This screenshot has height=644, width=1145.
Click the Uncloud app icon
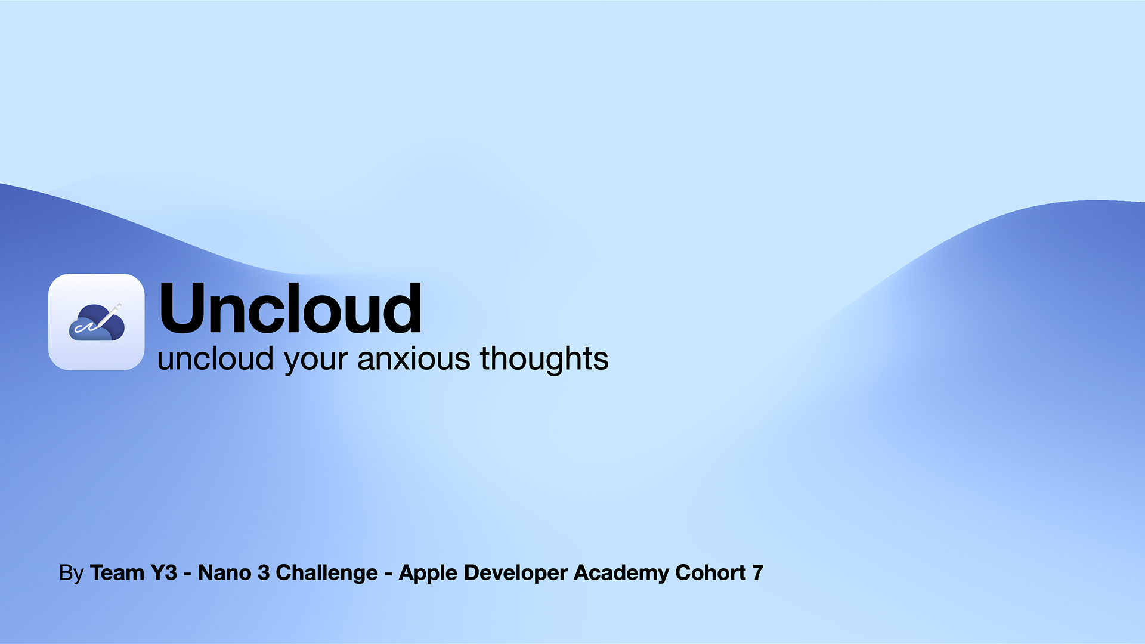click(97, 322)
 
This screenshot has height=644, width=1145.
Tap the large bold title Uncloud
click(290, 308)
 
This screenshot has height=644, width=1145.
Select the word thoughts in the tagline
click(544, 358)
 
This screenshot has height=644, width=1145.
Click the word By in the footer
click(72, 573)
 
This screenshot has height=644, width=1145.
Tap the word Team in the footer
click(117, 572)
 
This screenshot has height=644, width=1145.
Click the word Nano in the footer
click(224, 572)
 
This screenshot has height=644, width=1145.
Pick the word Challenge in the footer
click(327, 573)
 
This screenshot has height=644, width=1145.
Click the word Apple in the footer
click(428, 573)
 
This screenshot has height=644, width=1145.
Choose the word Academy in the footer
click(621, 573)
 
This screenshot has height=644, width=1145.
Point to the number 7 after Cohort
click(758, 572)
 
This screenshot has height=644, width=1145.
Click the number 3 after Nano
click(263, 572)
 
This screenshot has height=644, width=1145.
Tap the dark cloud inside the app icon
click(97, 323)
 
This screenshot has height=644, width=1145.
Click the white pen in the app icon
click(108, 316)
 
